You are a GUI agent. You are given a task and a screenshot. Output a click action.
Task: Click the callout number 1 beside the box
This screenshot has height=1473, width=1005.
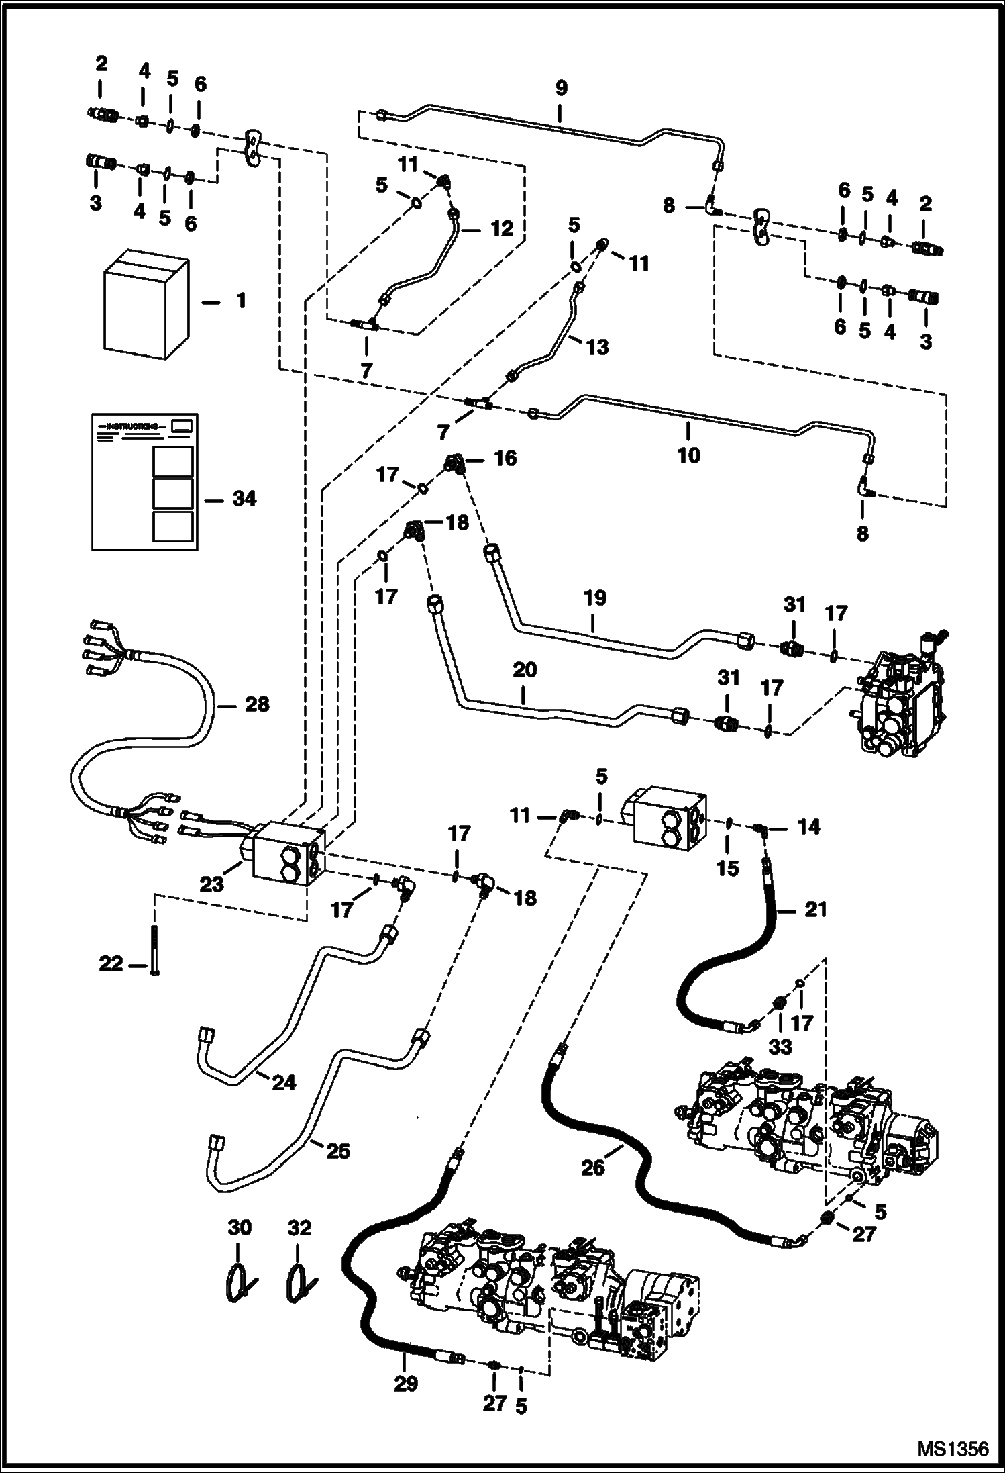(241, 300)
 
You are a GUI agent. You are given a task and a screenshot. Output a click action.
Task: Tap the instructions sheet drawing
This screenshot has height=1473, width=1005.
(145, 481)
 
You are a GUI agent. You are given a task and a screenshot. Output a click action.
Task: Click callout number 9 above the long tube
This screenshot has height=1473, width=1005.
(561, 88)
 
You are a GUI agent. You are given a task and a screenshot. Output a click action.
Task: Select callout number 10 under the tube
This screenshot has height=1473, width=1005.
(688, 455)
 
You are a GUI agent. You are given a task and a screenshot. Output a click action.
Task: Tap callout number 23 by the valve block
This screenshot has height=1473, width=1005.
(212, 884)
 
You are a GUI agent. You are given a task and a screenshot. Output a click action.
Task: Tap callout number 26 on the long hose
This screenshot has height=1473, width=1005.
(593, 1168)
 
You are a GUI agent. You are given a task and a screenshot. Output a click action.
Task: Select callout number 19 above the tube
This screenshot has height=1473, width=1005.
(594, 598)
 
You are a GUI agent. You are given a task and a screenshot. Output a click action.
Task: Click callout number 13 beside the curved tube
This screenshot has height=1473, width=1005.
(597, 347)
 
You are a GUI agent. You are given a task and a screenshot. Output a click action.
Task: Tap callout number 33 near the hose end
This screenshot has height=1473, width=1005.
(780, 1046)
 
